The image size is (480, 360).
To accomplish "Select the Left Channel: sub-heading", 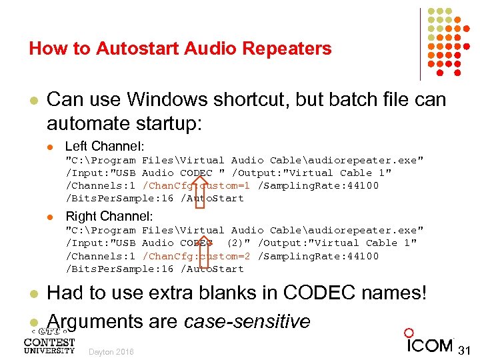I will tap(109, 146).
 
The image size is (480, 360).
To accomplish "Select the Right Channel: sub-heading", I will tap(109, 216).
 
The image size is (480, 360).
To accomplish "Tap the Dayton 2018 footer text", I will tap(111, 351).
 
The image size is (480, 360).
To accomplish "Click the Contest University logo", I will tap(49, 341).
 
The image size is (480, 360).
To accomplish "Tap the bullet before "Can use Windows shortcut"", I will tap(32, 100).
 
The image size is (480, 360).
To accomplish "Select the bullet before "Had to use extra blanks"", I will tap(32, 294).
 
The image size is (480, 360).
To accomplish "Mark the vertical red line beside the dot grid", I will tap(421, 43).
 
